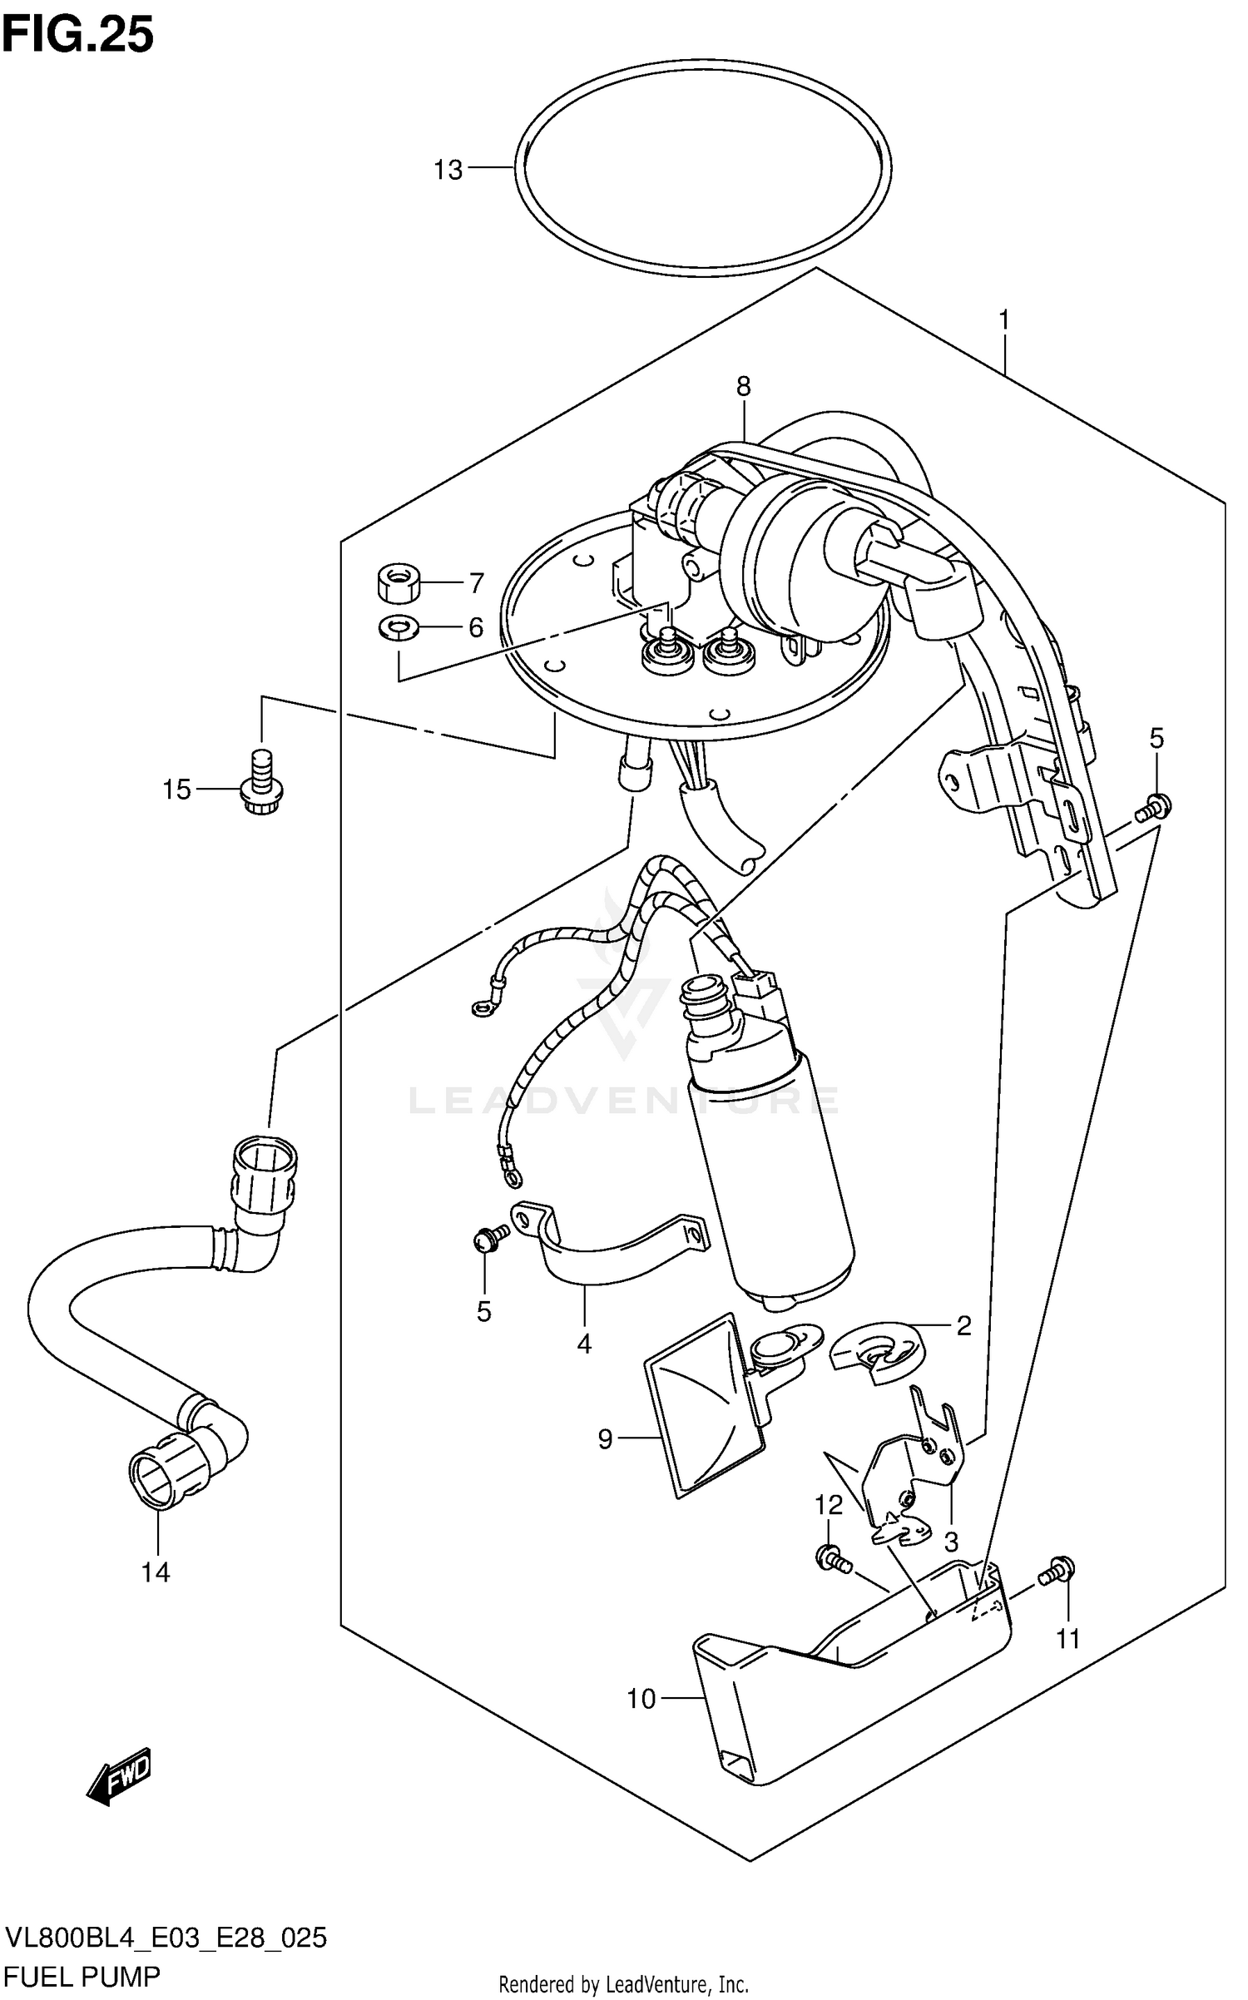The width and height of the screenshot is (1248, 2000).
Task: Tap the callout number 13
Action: pyautogui.click(x=448, y=170)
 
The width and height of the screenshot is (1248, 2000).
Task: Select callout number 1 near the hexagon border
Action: pyautogui.click(x=1004, y=319)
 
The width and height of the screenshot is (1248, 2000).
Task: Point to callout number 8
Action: pyautogui.click(x=743, y=386)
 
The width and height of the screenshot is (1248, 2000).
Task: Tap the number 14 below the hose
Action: pyautogui.click(x=156, y=1572)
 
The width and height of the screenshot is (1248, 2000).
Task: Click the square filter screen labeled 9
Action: pyautogui.click(x=707, y=1406)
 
